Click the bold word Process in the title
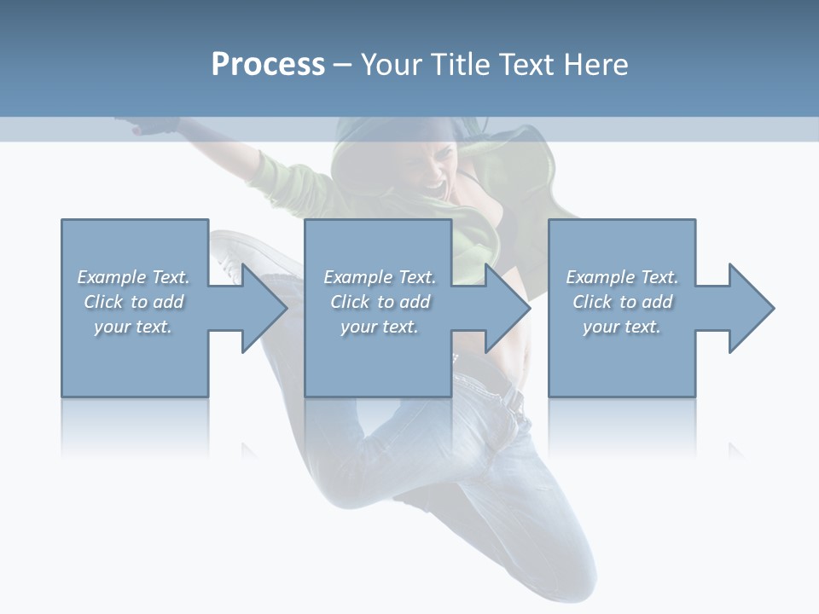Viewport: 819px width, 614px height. (268, 65)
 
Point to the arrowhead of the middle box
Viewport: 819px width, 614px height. (506, 308)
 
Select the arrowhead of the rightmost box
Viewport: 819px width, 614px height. (749, 308)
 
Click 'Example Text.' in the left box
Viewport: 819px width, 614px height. (133, 277)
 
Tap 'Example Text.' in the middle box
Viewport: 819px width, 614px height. (380, 277)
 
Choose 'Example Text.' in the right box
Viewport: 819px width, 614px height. (622, 277)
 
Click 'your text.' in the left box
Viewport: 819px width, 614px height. (133, 327)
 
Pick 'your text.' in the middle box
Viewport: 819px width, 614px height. (380, 327)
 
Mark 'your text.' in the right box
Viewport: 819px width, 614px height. (622, 327)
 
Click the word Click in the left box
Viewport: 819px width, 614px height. (104, 302)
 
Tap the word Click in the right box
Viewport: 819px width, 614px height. (593, 302)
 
